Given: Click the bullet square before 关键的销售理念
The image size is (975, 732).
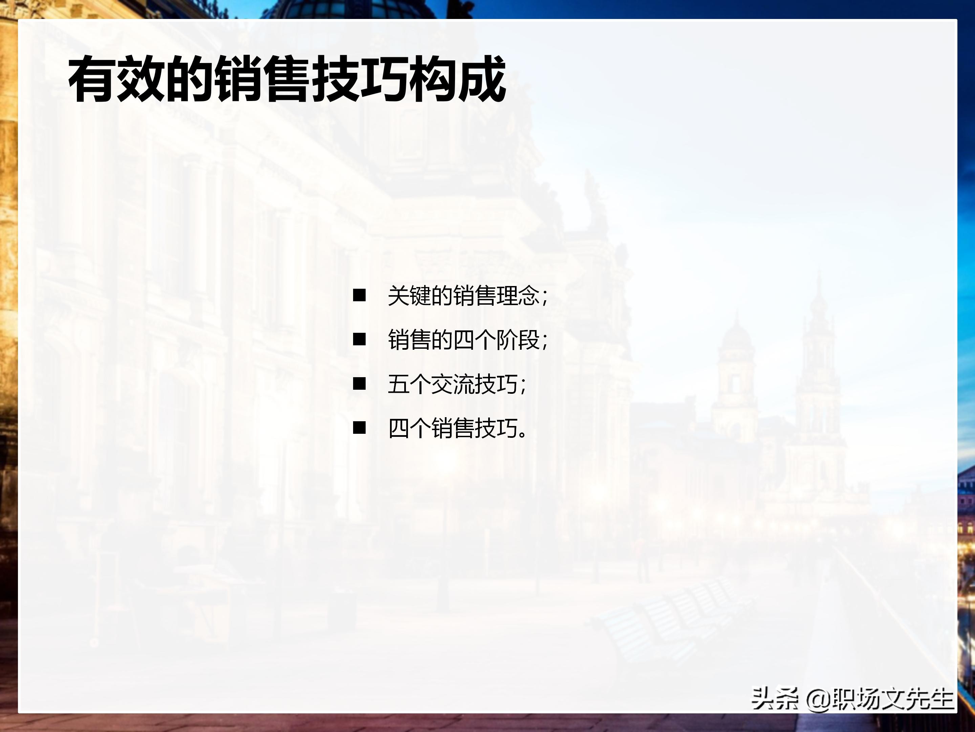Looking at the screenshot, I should (359, 295).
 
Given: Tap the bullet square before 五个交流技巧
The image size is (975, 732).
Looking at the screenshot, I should (359, 384).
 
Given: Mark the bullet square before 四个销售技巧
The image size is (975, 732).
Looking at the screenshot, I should (359, 428).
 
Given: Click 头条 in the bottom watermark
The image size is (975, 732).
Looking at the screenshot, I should (775, 698).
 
